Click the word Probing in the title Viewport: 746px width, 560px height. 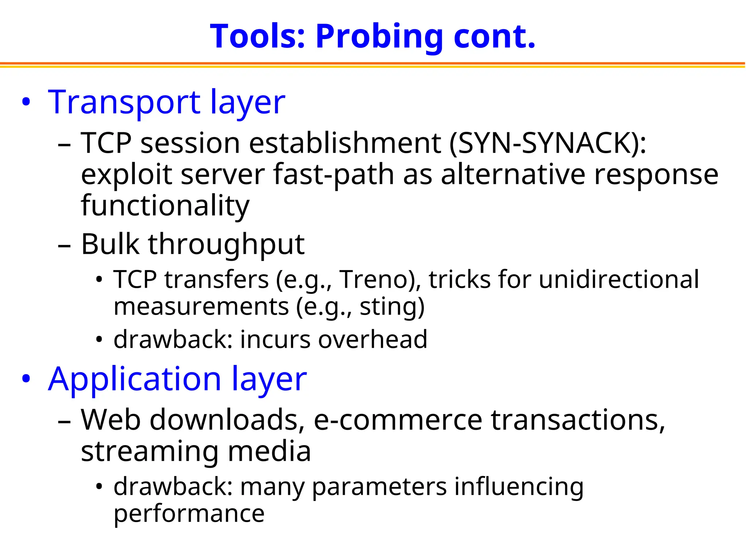click(x=379, y=37)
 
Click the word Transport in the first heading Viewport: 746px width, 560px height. click(x=124, y=103)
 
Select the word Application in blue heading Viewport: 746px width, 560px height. click(x=135, y=380)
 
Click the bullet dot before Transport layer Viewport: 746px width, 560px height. click(x=26, y=102)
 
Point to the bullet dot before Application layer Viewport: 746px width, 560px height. click(x=26, y=379)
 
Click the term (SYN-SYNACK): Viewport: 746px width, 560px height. click(x=548, y=144)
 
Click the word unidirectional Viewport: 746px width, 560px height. click(x=619, y=280)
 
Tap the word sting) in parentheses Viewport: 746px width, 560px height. click(x=392, y=307)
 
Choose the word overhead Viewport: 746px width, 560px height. click(x=372, y=340)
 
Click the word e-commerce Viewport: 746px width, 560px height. click(x=398, y=421)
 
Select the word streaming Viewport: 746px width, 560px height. click(x=149, y=452)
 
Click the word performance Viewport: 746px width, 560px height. click(x=189, y=514)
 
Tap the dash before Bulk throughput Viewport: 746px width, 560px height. click(x=64, y=246)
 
